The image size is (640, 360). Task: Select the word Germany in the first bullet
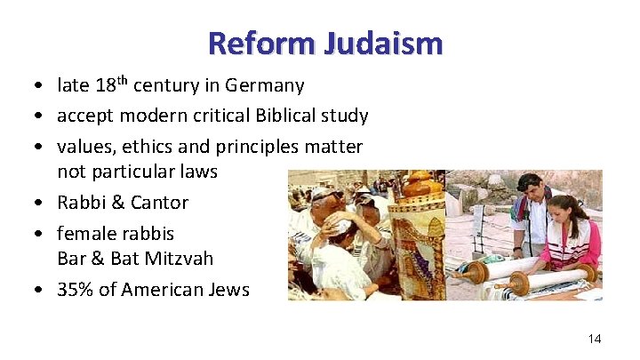(265, 86)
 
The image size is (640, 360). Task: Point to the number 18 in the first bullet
(106, 86)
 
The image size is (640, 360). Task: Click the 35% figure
(76, 290)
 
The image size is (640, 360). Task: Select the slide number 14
(595, 339)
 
